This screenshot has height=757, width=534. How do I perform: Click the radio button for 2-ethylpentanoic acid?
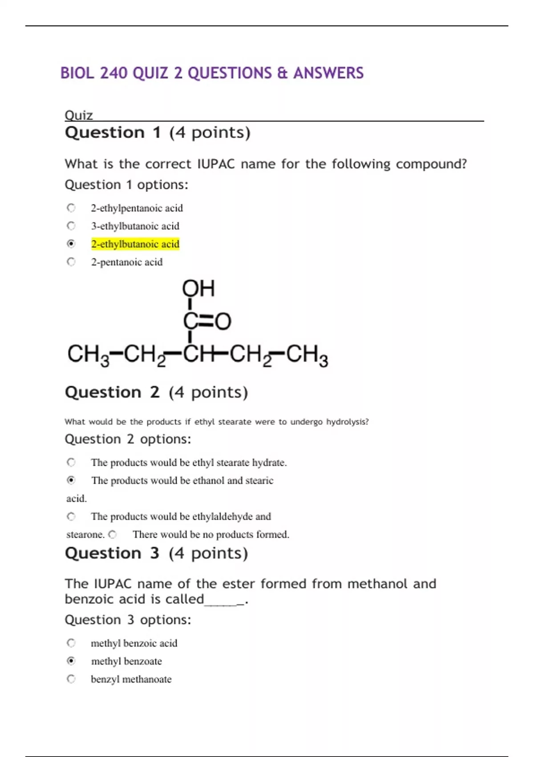[71, 208]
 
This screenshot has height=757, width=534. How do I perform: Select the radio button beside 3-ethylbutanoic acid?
[71, 226]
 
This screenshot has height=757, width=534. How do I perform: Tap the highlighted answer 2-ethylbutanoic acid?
[135, 244]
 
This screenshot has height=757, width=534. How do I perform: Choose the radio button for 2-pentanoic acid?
[71, 262]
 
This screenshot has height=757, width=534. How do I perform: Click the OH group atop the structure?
[198, 289]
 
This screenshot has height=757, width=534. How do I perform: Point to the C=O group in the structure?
[207, 321]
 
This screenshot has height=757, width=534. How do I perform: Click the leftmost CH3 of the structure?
[88, 355]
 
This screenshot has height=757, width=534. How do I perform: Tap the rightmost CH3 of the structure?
[307, 355]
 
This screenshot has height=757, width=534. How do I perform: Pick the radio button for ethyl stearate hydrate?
[71, 462]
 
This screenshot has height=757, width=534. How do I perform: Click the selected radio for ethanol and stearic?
[71, 480]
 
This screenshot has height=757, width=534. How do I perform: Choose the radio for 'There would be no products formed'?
[113, 534]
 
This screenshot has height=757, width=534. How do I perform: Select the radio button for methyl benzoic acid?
[71, 643]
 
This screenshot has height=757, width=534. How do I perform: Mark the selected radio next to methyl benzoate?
[71, 661]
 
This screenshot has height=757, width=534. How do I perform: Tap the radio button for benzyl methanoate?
[71, 679]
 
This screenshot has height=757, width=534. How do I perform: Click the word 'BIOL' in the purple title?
[77, 73]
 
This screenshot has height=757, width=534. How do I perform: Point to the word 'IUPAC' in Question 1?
[216, 164]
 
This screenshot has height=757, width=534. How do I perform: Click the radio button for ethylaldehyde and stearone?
[71, 517]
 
